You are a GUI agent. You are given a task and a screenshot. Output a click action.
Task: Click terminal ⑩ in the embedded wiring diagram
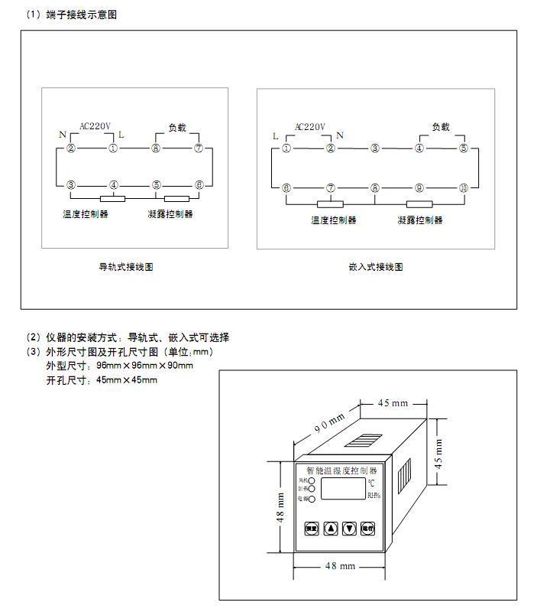click(x=463, y=187)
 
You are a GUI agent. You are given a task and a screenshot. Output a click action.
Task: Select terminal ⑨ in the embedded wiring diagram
click(x=419, y=187)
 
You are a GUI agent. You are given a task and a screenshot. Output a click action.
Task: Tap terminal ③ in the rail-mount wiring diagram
click(x=70, y=184)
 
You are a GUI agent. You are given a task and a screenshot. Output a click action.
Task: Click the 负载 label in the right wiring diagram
click(x=441, y=127)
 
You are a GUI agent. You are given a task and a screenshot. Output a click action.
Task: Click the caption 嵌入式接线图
click(x=375, y=267)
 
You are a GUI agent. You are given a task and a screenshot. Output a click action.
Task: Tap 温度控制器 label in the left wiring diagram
click(x=86, y=214)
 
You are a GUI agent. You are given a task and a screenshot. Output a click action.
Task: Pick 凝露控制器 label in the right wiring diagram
click(x=420, y=220)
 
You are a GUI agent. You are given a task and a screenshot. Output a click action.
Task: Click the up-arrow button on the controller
click(x=331, y=529)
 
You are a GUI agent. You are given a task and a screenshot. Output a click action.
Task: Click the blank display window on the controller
click(x=341, y=489)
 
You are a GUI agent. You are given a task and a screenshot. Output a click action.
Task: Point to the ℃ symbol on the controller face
click(x=371, y=483)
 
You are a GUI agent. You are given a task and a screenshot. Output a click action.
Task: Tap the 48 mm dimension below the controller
click(x=341, y=566)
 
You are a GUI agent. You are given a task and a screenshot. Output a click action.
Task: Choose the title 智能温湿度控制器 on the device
click(x=341, y=470)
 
